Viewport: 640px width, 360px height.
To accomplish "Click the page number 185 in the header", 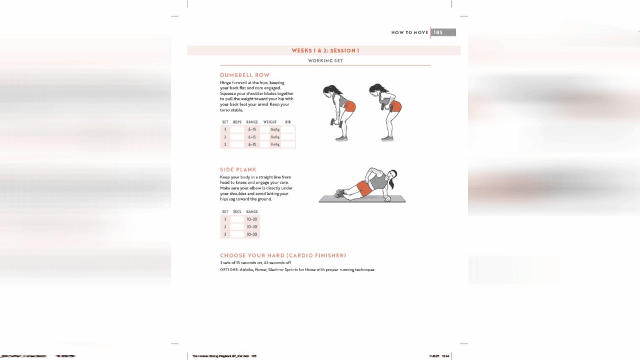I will (438, 33).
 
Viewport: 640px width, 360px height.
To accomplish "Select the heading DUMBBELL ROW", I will (245, 76).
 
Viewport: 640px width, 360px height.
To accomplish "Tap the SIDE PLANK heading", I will (238, 170).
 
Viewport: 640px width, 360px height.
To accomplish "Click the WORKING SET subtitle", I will (325, 61).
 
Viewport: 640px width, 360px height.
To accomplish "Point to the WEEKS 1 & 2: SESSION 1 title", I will (325, 51).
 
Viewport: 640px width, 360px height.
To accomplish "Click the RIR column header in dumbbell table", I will (288, 122).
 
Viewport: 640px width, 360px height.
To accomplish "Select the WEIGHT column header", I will (270, 122).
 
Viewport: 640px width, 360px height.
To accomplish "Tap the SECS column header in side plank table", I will (237, 212).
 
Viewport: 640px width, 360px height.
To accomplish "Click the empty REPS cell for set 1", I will (237, 130).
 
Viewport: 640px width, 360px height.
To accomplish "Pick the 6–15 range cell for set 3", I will (252, 144).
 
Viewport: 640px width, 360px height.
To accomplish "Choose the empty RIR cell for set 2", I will (288, 137).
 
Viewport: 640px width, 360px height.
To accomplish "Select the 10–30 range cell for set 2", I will (252, 227).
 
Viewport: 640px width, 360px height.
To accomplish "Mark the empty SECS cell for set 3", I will (237, 235).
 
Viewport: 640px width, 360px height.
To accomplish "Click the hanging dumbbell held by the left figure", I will (334, 122).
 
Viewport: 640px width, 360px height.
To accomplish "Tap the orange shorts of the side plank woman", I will (364, 187).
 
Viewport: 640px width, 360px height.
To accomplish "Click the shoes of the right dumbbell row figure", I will (387, 138).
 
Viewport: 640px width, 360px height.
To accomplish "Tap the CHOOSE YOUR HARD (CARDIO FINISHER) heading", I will (283, 255).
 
